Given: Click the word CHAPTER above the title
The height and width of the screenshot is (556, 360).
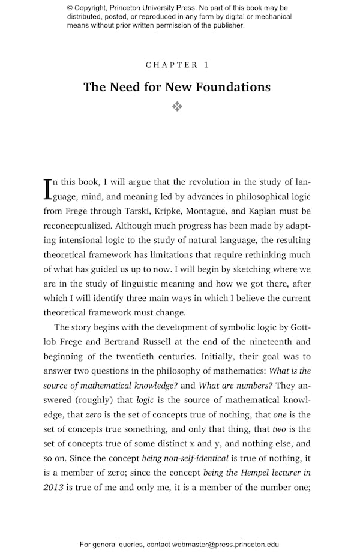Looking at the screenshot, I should [164, 65].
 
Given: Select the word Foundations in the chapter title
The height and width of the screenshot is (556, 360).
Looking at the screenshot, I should [234, 87].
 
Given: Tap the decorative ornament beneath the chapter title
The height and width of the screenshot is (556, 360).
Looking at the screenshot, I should [177, 107].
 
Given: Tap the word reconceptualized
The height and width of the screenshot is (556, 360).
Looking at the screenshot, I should [77, 226].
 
